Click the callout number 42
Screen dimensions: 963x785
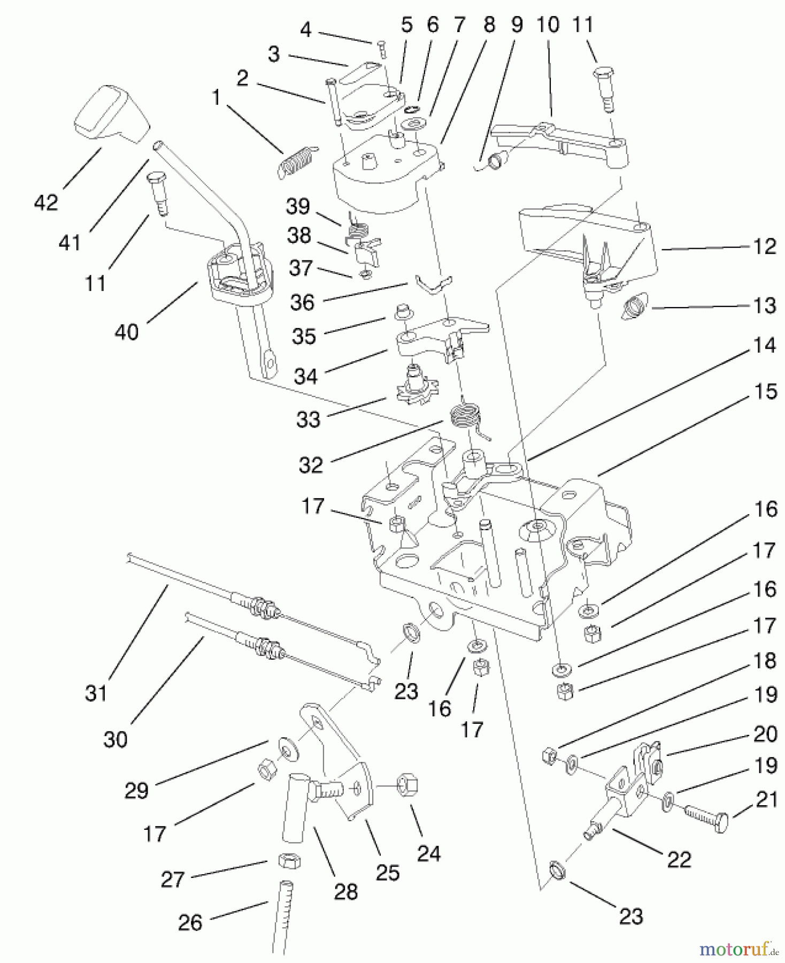45,203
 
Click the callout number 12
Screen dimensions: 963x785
765,247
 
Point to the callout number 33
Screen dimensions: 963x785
308,419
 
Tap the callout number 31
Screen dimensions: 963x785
96,693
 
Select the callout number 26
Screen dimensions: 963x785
190,923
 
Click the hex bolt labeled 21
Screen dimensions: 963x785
707,818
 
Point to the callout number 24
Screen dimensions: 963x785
428,854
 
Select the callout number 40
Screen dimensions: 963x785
127,332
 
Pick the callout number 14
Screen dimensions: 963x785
765,345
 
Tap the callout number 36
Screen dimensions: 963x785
302,303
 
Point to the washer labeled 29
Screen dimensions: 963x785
288,751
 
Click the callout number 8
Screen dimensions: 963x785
489,25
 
